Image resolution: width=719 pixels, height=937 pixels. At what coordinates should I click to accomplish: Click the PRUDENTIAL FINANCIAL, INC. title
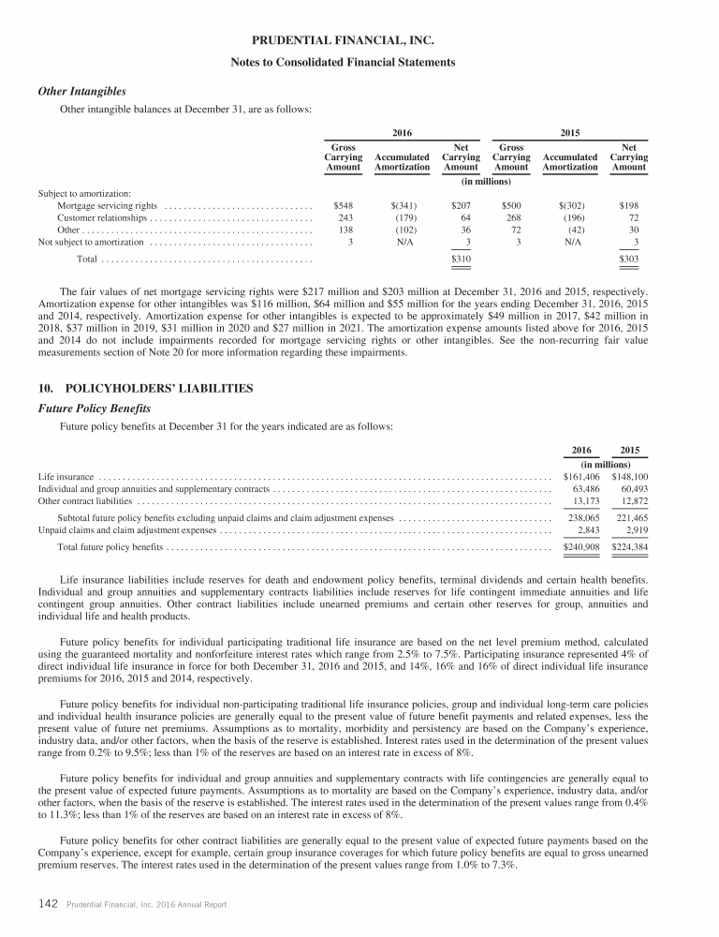click(359, 40)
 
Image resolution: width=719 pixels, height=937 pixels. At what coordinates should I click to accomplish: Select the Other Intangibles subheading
click(81, 92)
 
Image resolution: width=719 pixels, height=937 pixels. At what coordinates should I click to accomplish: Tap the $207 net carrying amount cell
click(461, 204)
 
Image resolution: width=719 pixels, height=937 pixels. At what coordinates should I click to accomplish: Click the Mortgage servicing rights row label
click(107, 204)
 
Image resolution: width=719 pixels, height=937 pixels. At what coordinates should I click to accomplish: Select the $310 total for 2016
click(461, 258)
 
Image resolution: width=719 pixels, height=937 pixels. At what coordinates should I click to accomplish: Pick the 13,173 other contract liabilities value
click(584, 501)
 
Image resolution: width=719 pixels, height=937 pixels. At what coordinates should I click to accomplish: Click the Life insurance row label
click(66, 477)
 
